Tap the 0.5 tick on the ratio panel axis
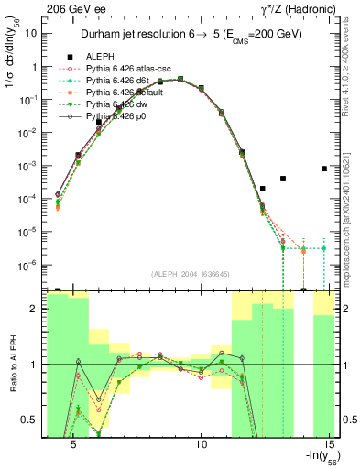[28, 420]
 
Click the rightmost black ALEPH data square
[324, 169]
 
